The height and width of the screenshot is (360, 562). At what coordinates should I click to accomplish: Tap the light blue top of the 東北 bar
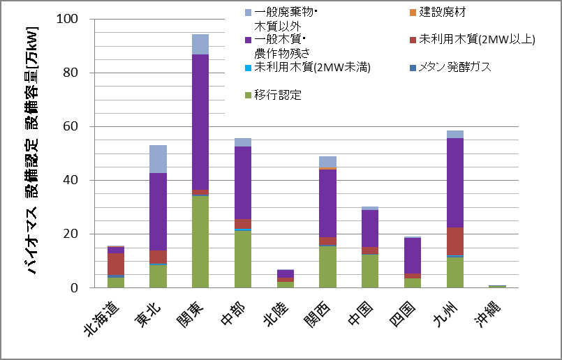(158, 159)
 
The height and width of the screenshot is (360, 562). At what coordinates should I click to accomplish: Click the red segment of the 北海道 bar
(116, 264)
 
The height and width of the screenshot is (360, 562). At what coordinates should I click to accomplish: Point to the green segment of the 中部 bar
(243, 259)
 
